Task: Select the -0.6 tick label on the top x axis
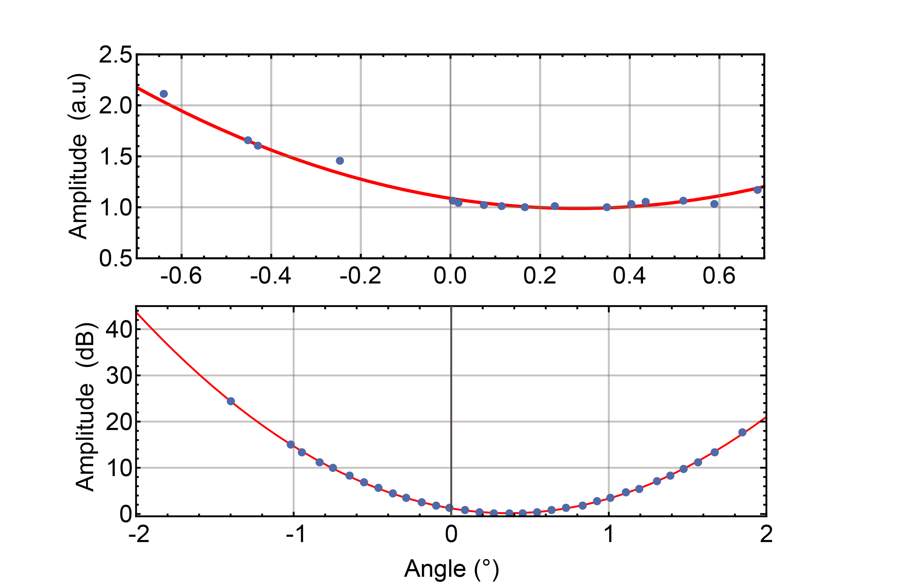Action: tap(181, 276)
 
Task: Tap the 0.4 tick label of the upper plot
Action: tap(629, 276)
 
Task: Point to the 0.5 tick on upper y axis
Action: tap(115, 259)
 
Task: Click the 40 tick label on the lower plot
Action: tap(119, 329)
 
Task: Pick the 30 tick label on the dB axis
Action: tap(119, 376)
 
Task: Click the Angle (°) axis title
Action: tap(451, 569)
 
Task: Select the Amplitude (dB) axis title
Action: tap(85, 407)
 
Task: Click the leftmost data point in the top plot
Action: tap(164, 94)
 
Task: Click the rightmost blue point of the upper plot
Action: tap(757, 190)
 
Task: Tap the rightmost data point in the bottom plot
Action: tap(742, 432)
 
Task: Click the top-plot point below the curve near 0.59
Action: tap(714, 204)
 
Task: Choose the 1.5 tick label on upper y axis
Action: tap(115, 157)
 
